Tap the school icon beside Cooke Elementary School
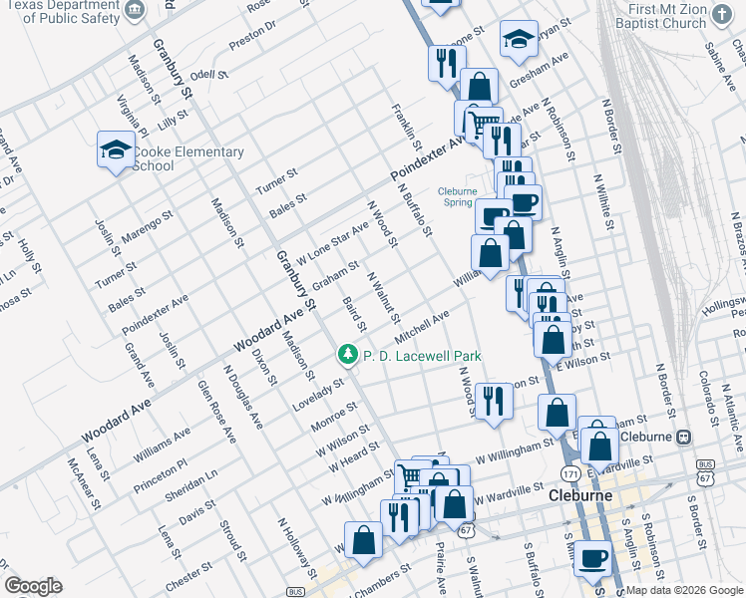point(116,150)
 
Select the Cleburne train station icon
point(684,437)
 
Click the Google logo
point(33,586)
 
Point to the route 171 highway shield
point(569,470)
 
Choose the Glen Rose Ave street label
point(216,411)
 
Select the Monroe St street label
point(334,416)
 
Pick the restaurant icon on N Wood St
point(494,401)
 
